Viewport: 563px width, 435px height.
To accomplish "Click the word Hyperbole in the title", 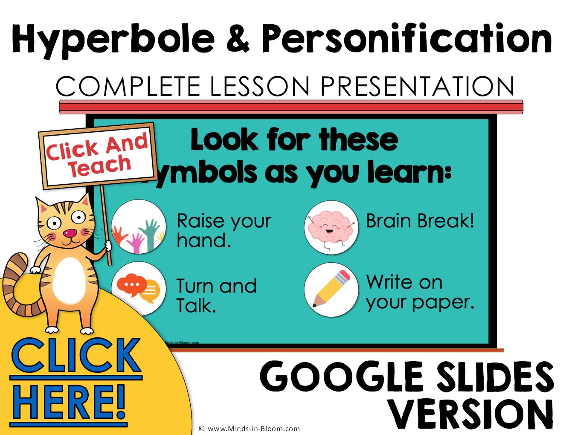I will coord(113,38).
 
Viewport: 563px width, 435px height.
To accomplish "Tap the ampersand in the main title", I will coord(238,38).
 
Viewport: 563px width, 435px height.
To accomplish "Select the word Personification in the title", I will coord(406,38).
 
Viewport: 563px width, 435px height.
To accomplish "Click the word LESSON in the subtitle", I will coord(259,86).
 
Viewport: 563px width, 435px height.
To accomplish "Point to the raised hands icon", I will coord(139,227).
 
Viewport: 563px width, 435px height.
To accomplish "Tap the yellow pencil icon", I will coord(331,290).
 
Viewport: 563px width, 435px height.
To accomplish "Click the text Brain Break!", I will coord(420,221).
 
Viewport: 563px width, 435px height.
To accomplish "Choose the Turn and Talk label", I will coord(217,296).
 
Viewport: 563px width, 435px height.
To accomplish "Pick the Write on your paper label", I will coord(420,292).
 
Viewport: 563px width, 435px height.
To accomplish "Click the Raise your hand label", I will coord(224,231).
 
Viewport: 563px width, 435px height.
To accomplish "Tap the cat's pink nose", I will coord(70,233).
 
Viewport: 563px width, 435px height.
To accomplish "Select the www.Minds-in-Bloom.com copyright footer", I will coord(249,429).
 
